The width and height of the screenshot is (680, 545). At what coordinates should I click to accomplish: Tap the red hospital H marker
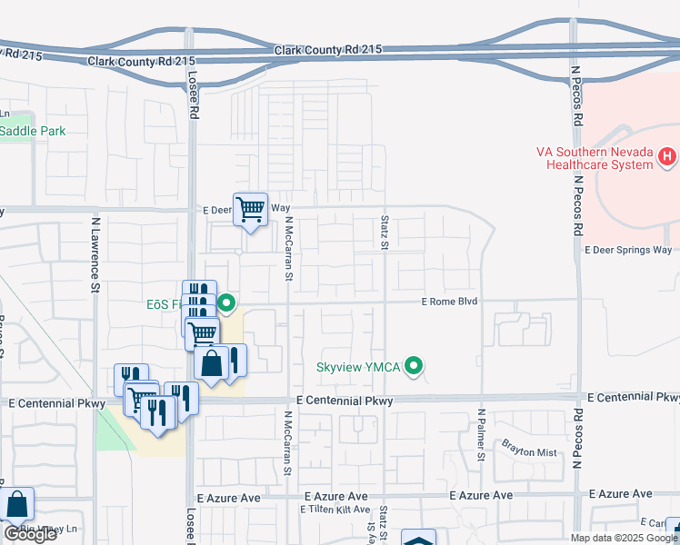(667, 157)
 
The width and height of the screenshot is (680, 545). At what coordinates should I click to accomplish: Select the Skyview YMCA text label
(359, 367)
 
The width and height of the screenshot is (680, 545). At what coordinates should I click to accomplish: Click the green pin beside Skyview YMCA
(415, 367)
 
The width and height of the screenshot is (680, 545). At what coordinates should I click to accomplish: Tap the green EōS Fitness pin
(226, 304)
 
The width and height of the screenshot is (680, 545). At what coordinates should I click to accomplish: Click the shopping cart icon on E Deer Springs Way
(250, 209)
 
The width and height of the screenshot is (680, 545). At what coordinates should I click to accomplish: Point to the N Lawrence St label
(95, 254)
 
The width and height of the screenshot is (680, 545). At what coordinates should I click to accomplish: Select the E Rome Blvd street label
(448, 302)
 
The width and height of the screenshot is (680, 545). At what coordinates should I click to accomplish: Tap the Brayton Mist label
(529, 445)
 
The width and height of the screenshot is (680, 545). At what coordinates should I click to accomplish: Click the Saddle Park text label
(33, 131)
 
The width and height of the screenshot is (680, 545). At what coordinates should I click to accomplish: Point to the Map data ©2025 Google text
(624, 538)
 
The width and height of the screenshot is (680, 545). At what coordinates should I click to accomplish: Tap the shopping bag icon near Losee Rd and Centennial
(211, 364)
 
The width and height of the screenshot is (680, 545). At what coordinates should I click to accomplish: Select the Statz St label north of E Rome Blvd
(384, 232)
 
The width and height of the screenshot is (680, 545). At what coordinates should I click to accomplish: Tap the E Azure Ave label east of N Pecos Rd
(621, 493)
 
